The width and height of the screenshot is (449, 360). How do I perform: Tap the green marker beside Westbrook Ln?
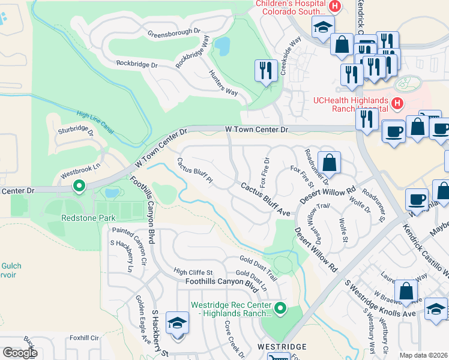coord(79,187)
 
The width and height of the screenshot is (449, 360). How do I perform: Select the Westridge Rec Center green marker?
coord(280,309)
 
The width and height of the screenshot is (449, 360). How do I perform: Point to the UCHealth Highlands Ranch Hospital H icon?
coord(397,104)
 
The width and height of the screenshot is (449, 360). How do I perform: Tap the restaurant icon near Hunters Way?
coord(264,71)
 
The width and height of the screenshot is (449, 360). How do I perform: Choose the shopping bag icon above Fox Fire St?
coord(329,162)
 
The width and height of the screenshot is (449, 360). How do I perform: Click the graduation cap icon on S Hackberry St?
coord(178,324)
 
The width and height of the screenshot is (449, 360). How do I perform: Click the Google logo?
coord(20,353)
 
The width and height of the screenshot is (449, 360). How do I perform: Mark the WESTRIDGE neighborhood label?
coord(282,347)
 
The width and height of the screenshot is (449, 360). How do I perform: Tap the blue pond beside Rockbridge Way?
coord(222,46)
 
